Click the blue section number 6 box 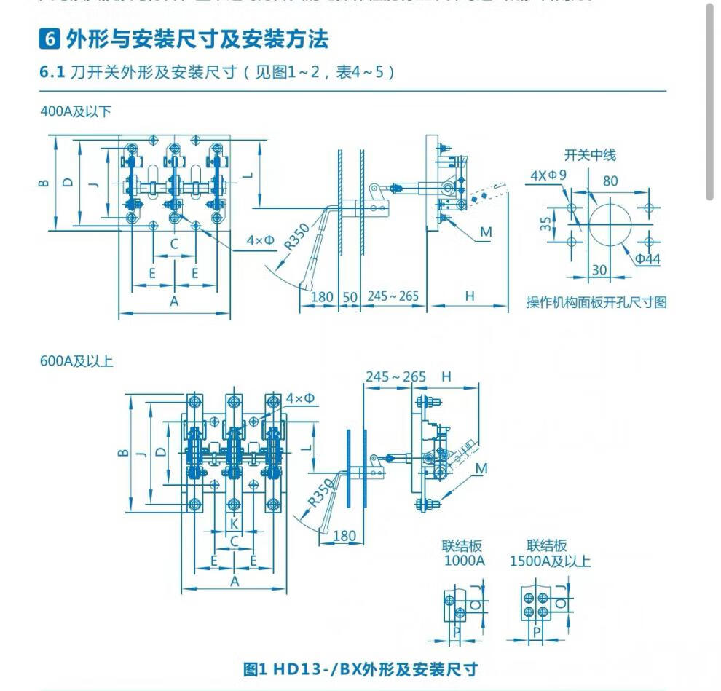(50, 39)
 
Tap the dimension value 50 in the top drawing (350, 297)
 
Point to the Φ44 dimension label (647, 259)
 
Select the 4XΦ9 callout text (548, 175)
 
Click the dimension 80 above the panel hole (610, 181)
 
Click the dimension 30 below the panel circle (599, 269)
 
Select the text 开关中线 (590, 154)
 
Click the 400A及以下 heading (76, 112)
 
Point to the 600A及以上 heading (76, 360)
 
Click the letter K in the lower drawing (234, 524)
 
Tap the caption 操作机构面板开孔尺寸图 (596, 302)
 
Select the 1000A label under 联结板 (464, 561)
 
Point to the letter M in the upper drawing (486, 232)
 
